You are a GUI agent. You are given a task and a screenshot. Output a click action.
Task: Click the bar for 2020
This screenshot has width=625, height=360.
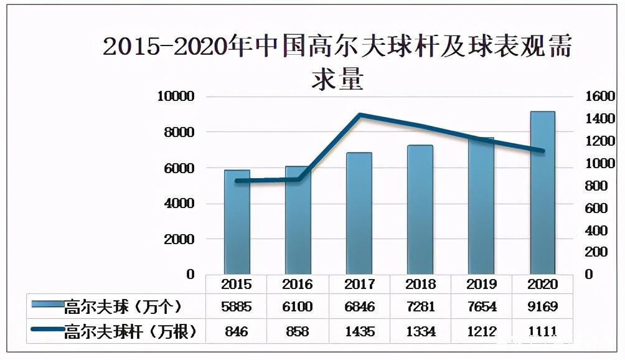(x=543, y=193)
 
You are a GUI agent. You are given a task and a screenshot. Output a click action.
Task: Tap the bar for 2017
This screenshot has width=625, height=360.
(x=359, y=214)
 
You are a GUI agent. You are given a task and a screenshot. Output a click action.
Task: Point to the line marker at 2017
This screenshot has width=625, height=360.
(x=359, y=115)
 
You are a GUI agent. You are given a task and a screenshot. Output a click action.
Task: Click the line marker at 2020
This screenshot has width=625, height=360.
(x=543, y=151)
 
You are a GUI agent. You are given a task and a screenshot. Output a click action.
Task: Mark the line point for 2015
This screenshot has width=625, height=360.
(x=237, y=181)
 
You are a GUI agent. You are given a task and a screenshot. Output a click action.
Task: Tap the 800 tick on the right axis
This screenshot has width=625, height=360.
(x=597, y=186)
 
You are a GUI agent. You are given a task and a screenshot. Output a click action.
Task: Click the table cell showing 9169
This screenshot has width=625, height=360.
(x=543, y=307)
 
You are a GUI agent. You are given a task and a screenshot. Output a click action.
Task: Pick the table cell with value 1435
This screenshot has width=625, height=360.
(x=359, y=331)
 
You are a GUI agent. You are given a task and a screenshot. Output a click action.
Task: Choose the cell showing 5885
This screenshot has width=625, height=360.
(x=237, y=307)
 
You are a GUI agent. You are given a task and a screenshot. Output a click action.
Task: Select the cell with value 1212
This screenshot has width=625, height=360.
(x=482, y=331)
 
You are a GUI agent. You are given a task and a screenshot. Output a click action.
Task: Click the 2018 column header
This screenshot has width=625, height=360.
(x=421, y=284)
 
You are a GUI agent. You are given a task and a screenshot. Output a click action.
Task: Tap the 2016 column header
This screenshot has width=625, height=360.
(x=298, y=284)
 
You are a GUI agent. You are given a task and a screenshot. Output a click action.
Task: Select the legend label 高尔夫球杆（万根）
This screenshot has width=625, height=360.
(x=130, y=331)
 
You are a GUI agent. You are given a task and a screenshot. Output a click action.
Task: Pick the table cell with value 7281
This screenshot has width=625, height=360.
(x=421, y=307)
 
